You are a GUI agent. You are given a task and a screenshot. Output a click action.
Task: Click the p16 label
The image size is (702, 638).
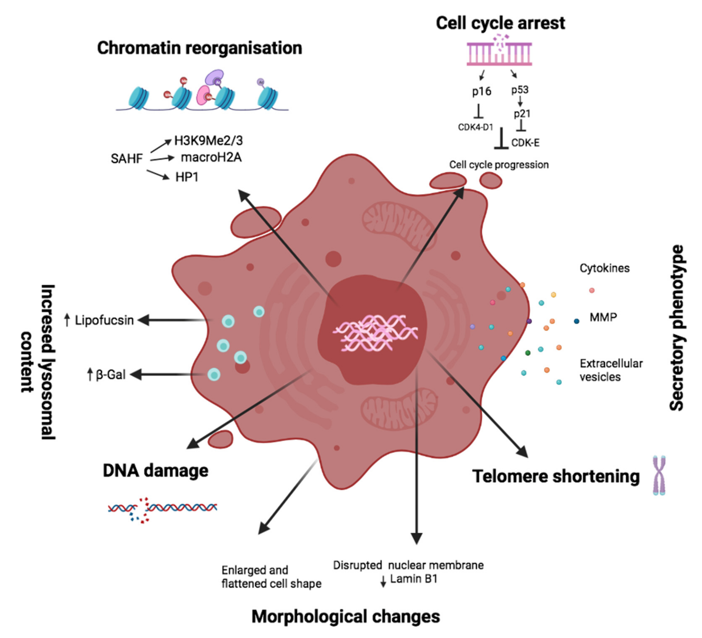click(482, 91)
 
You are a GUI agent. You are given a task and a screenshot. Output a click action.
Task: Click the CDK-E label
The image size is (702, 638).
click(525, 143)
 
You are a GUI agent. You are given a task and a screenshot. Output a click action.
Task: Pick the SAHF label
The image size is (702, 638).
click(127, 159)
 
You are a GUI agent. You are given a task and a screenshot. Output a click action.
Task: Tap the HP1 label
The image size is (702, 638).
click(187, 177)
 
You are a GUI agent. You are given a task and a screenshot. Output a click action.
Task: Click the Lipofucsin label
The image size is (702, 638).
click(104, 320)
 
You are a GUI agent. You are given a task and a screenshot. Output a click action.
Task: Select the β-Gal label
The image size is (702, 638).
click(110, 375)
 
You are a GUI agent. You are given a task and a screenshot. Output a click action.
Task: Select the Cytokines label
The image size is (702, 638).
click(604, 268)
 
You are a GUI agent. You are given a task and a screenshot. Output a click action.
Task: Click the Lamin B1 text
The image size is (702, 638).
click(413, 579)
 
